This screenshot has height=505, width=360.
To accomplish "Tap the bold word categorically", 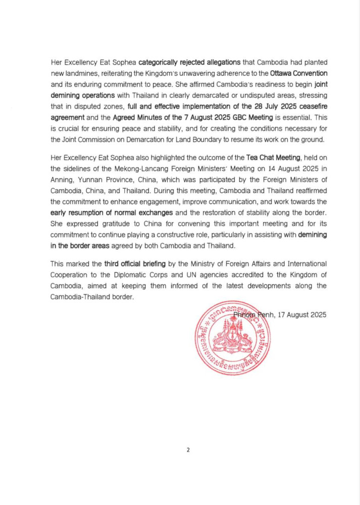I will click(x=160, y=62).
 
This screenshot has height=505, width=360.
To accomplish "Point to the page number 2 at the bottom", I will click(x=188, y=450).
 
